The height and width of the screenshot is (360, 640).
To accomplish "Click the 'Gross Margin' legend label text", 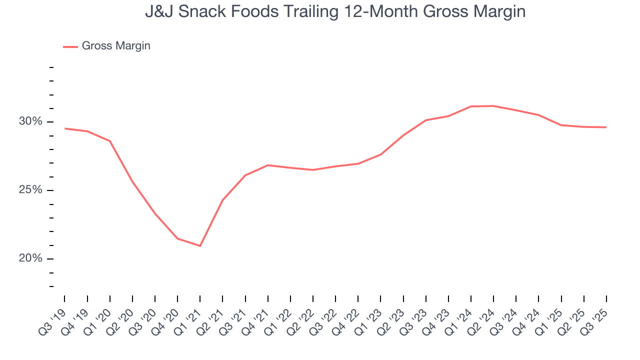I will [116, 46].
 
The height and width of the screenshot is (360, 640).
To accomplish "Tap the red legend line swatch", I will [70, 46].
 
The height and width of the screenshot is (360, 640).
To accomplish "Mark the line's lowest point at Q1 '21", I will [200, 246].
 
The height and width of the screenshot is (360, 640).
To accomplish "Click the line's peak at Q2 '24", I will [493, 106].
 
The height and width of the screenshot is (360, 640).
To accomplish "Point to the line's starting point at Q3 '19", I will [65, 128].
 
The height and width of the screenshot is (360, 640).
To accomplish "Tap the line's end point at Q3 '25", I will [606, 127].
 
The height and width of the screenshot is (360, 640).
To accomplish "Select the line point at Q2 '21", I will [222, 200].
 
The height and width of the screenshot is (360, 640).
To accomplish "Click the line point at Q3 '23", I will [425, 120].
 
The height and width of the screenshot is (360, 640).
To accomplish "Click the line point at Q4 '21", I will [268, 165].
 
